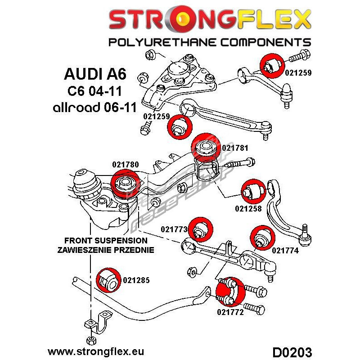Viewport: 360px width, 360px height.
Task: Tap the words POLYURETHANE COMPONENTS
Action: (210, 42)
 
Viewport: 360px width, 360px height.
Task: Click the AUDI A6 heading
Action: (94, 73)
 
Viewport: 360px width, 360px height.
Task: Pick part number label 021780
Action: (126, 165)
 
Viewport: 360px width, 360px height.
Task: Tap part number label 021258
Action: (248, 208)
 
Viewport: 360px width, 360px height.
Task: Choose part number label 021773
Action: (174, 229)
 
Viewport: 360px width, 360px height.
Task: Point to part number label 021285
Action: (135, 280)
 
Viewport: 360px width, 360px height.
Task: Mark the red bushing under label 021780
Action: (125, 184)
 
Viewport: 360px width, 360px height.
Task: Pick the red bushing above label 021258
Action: (252, 190)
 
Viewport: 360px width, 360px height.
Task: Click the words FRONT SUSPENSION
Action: (106, 240)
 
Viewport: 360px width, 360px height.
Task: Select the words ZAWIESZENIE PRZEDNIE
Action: (106, 249)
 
